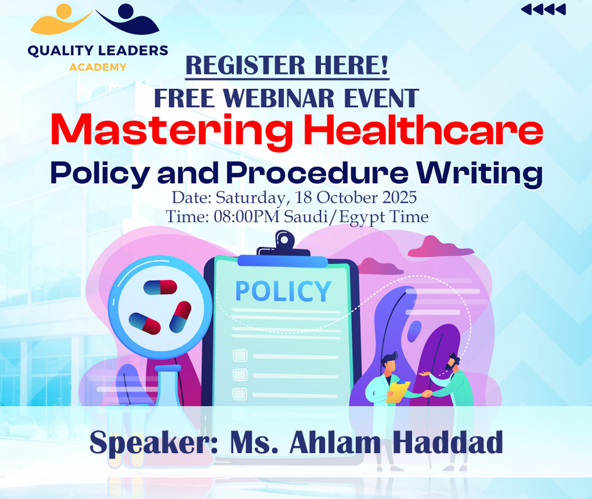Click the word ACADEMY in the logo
click(x=98, y=67)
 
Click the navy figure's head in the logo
click(x=126, y=11)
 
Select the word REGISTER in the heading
click(x=246, y=66)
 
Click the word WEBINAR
click(x=279, y=98)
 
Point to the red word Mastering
click(x=172, y=131)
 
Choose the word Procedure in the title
click(x=317, y=172)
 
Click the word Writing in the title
click(x=479, y=173)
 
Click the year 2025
click(x=399, y=197)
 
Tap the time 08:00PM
click(x=247, y=216)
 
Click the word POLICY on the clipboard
click(x=283, y=291)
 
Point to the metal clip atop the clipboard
click(x=284, y=245)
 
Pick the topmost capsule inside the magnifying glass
click(x=160, y=287)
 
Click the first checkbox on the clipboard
click(x=240, y=356)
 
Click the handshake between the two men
click(x=427, y=394)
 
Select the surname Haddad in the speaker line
click(x=447, y=442)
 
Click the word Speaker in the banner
click(x=154, y=443)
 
